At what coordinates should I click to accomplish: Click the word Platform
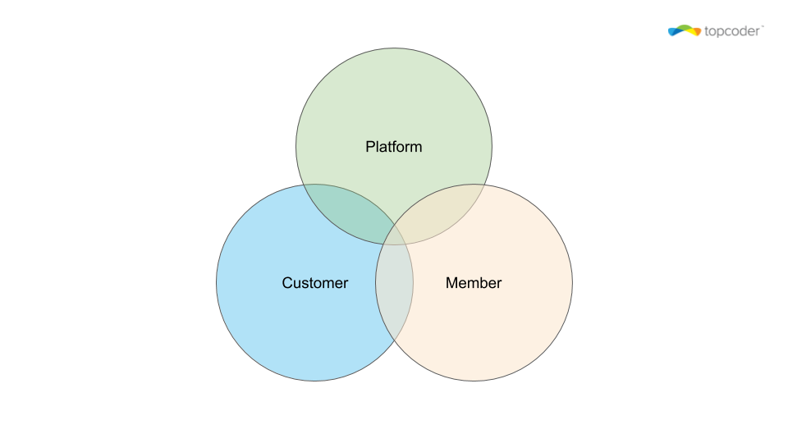pyautogui.click(x=393, y=147)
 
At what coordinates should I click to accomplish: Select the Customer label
pyautogui.click(x=314, y=283)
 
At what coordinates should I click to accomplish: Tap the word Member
pyautogui.click(x=474, y=283)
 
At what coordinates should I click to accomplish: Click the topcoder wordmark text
pyautogui.click(x=732, y=32)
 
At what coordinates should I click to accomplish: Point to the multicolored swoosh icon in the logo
pyautogui.click(x=684, y=30)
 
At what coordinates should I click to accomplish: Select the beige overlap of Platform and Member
pyautogui.click(x=438, y=212)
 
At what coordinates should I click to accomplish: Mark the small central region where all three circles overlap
pyautogui.click(x=395, y=236)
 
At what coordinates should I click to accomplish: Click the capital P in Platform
pyautogui.click(x=370, y=147)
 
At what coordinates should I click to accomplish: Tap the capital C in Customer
pyautogui.click(x=287, y=283)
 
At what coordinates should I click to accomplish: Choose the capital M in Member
pyautogui.click(x=451, y=283)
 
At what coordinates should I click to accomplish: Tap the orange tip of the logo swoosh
pyautogui.click(x=698, y=33)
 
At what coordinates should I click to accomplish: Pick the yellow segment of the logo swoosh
pyautogui.click(x=690, y=32)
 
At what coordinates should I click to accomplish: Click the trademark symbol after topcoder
pyautogui.click(x=762, y=26)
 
